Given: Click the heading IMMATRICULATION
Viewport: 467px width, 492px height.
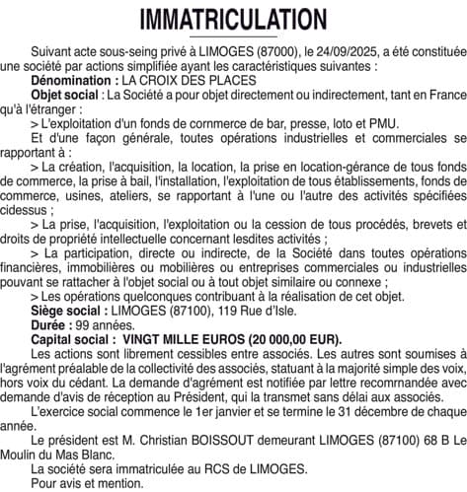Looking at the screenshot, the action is pyautogui.click(x=233, y=20).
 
